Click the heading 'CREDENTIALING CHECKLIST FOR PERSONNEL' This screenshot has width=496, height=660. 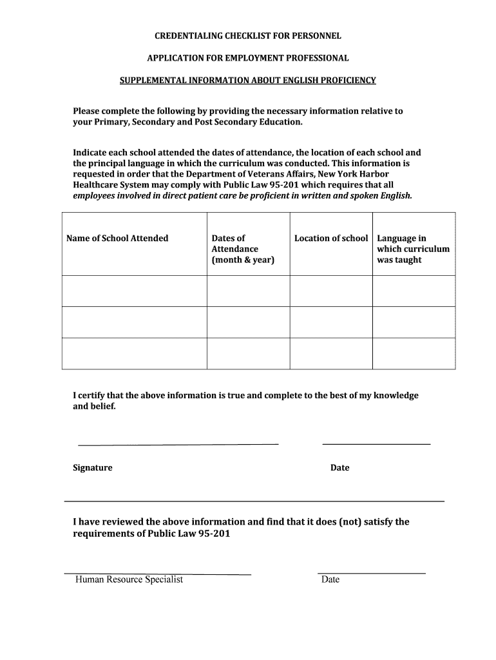tap(247, 35)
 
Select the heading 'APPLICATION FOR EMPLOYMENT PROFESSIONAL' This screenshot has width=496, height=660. tap(248, 58)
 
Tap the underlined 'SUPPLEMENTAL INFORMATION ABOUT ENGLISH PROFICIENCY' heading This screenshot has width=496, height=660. tap(248, 81)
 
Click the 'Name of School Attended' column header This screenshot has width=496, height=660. tap(117, 238)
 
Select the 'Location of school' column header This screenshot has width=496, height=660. tap(331, 238)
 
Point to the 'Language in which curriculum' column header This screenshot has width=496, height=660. tap(413, 249)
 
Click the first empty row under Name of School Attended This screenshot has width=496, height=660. tap(134, 291)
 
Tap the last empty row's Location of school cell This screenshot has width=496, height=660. tap(331, 353)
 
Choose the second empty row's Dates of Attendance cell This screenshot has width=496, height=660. tap(248, 322)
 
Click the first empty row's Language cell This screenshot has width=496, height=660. tap(414, 291)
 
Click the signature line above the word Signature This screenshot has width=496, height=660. tap(178, 444)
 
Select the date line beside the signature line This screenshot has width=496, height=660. tap(376, 444)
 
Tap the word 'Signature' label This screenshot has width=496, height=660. tap(92, 468)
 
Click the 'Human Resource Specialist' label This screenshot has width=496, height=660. tap(129, 579)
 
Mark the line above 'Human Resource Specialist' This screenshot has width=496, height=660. tap(157, 574)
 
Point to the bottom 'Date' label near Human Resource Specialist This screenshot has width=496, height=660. tap(330, 579)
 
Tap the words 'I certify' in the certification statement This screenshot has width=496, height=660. tap(89, 395)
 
